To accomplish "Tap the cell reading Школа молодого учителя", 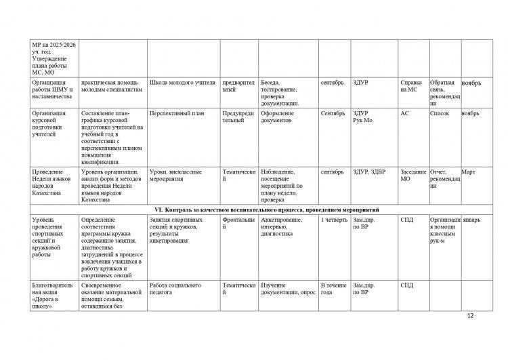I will tap(182, 83).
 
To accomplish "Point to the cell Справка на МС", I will tap(410, 86).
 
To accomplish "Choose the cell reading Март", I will tap(468, 172).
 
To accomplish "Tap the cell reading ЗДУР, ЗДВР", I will tap(368, 172).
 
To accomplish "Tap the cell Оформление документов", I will tap(277, 117).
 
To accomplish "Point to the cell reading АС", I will tap(405, 113).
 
